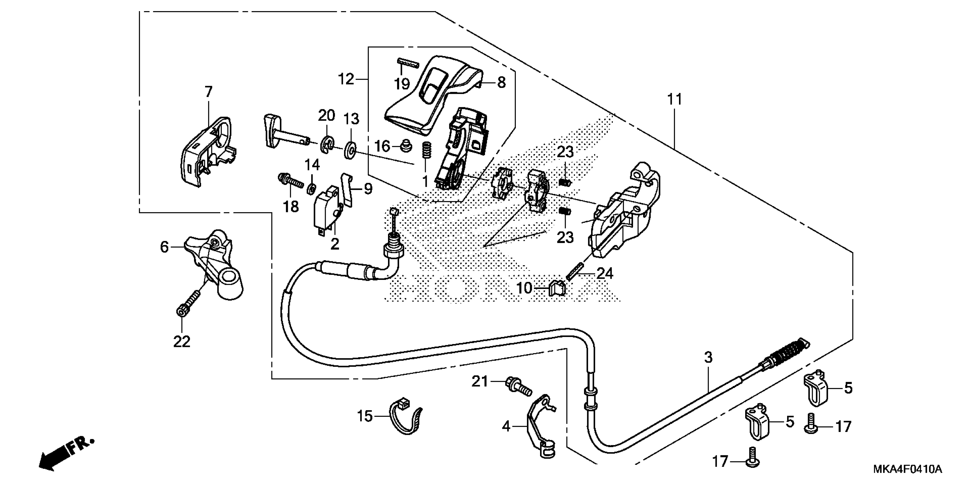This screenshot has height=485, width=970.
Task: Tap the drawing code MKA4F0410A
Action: [908, 469]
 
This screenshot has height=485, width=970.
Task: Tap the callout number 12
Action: [346, 79]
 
